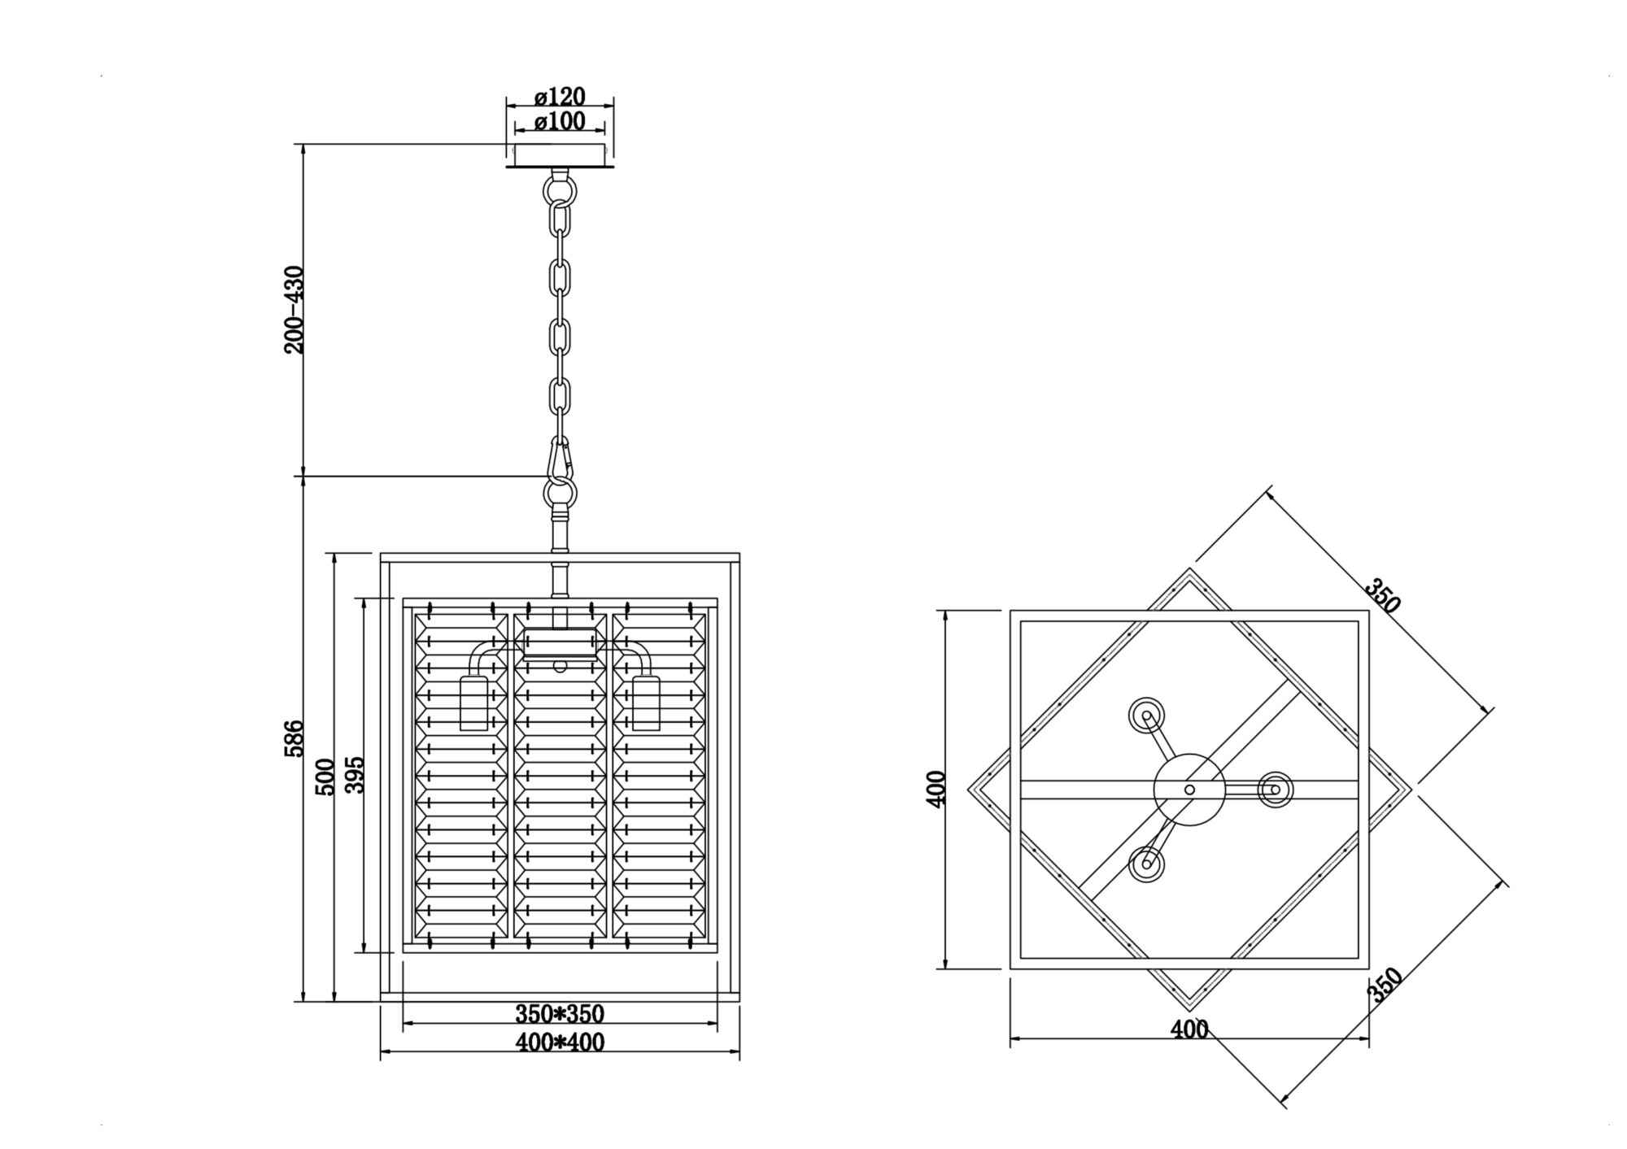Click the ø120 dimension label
(x=560, y=97)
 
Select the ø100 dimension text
(x=560, y=122)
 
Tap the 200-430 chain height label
(x=294, y=310)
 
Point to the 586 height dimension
(x=294, y=738)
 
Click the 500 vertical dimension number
(x=325, y=777)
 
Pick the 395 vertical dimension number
(x=355, y=774)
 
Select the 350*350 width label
(x=560, y=1014)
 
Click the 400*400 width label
(x=560, y=1042)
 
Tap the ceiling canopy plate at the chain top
(x=560, y=155)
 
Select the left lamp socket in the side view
(x=473, y=702)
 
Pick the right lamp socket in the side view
(x=646, y=702)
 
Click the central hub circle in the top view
(x=1189, y=789)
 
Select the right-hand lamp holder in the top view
(x=1275, y=789)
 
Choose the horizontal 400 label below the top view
(x=1189, y=1029)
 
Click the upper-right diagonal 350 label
(x=1382, y=595)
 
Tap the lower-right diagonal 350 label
(x=1384, y=986)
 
